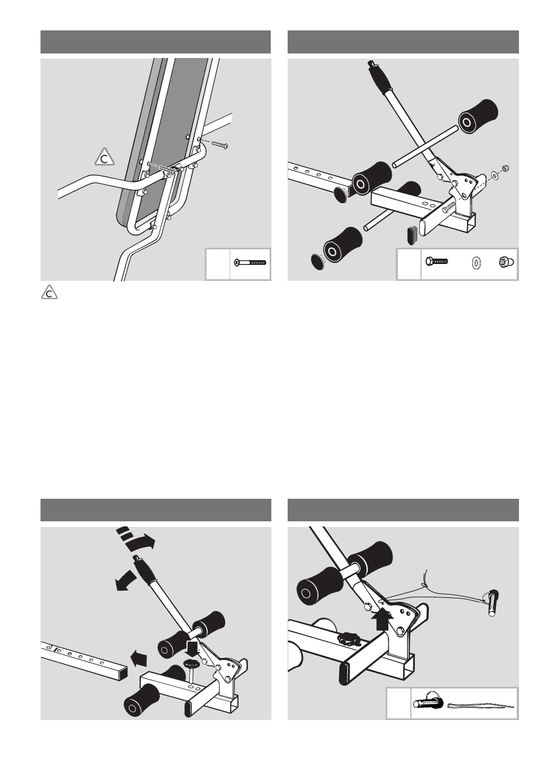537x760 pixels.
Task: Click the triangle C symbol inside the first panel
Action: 105,158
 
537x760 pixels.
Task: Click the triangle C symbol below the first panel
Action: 49,292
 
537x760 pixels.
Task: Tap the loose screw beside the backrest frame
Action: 220,145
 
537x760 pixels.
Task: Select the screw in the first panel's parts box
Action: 250,262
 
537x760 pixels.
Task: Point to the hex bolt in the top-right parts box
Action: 437,261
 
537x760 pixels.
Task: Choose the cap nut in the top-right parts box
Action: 507,262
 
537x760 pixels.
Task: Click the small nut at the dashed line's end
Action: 505,168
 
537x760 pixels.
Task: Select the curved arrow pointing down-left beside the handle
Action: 124,580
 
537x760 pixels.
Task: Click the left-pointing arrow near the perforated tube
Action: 140,658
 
